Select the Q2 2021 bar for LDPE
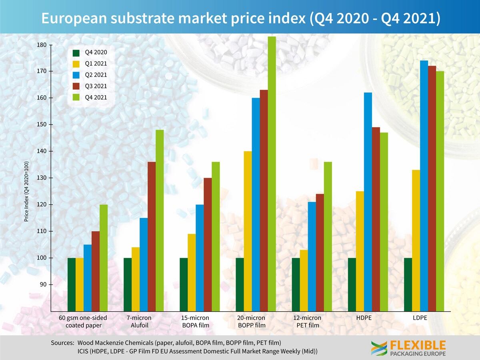[424, 186]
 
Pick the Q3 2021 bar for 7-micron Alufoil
[152, 236]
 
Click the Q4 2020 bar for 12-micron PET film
[296, 284]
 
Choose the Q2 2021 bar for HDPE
[368, 202]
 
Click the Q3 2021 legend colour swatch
[76, 86]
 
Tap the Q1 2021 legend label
[96, 63]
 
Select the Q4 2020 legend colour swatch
[76, 52]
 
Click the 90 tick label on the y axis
[44, 284]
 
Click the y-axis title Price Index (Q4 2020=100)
[26, 191]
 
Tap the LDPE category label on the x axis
[420, 318]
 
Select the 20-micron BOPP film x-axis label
[252, 321]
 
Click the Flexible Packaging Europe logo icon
[379, 348]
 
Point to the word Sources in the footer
[62, 343]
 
